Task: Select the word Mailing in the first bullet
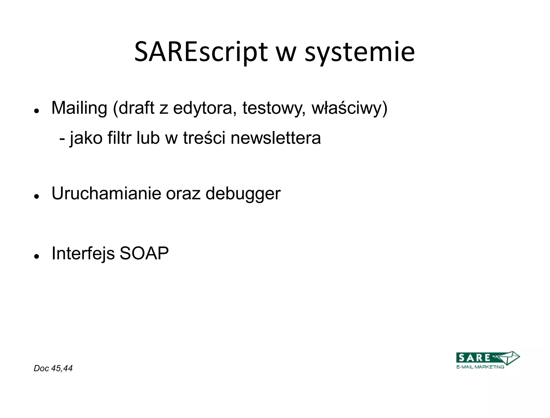(79, 108)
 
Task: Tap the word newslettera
(276, 138)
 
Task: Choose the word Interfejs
(83, 253)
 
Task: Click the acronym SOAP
(144, 253)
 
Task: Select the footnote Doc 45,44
(53, 368)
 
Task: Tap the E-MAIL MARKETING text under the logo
(480, 367)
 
